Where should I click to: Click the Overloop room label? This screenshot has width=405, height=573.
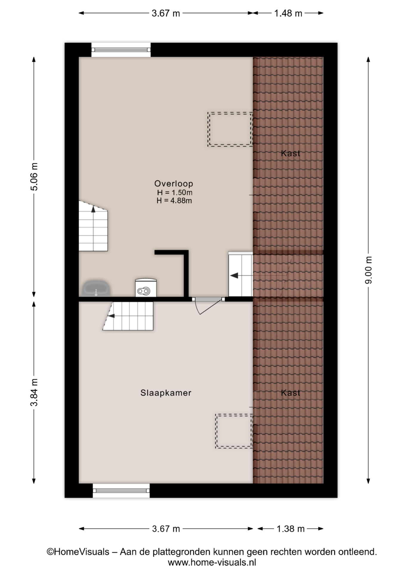174,184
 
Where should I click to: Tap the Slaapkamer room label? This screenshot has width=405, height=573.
166,393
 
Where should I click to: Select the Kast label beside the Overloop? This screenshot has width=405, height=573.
290,153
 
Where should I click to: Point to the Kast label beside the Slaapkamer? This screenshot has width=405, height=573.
290,393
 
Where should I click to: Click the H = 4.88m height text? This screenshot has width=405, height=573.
174,201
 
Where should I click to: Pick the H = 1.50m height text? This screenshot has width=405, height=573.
174,192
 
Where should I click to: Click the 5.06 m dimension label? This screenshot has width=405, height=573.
34,177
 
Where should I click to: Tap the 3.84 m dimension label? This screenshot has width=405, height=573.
34,392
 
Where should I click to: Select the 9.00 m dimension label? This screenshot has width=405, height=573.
369,270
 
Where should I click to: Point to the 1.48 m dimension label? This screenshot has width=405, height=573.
288,13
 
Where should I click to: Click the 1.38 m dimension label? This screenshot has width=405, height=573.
290,529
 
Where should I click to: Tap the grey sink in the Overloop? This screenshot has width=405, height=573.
96,288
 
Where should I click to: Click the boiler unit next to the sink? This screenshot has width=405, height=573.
146,288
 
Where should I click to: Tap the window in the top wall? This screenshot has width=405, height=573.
121,50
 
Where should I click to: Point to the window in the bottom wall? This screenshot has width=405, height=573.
121,491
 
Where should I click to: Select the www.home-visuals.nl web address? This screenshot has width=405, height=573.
212,563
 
